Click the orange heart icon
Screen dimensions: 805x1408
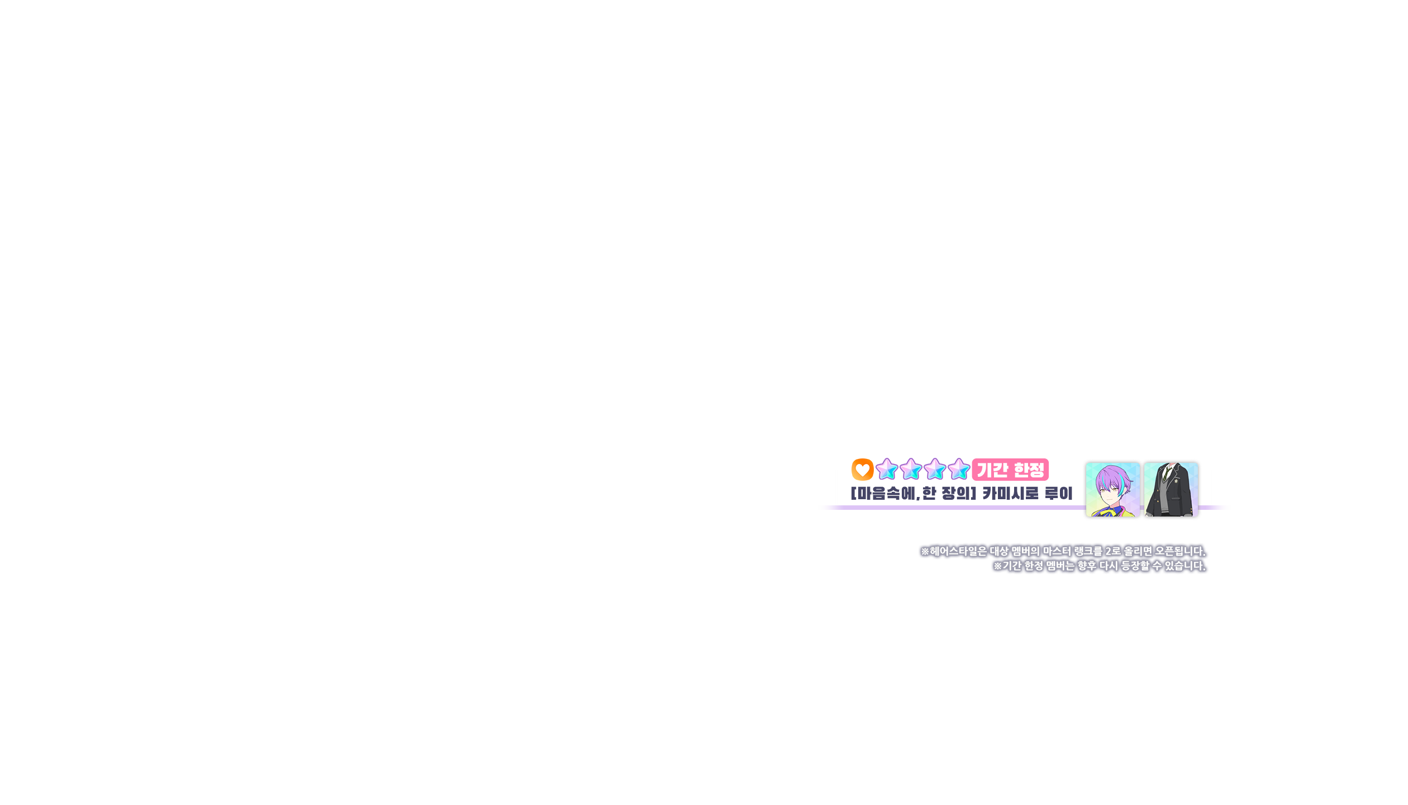(x=862, y=470)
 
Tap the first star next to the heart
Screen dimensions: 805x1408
(x=887, y=470)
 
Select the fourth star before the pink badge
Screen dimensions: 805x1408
(x=959, y=470)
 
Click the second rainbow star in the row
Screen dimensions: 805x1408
(x=911, y=470)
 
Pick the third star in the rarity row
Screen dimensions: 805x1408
(x=935, y=470)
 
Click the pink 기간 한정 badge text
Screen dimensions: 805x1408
(x=1010, y=470)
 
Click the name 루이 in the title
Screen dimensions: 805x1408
(x=1058, y=493)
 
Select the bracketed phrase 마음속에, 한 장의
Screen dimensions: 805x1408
(x=913, y=493)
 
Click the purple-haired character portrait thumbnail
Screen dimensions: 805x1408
(x=1112, y=490)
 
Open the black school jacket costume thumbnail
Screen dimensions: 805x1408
(x=1171, y=490)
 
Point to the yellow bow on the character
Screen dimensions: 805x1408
(x=1110, y=511)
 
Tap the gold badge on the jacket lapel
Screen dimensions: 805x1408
(x=1178, y=481)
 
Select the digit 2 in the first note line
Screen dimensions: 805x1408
(x=1109, y=551)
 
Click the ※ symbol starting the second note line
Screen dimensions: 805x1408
(x=997, y=566)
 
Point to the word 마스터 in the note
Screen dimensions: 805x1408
(x=1057, y=551)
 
